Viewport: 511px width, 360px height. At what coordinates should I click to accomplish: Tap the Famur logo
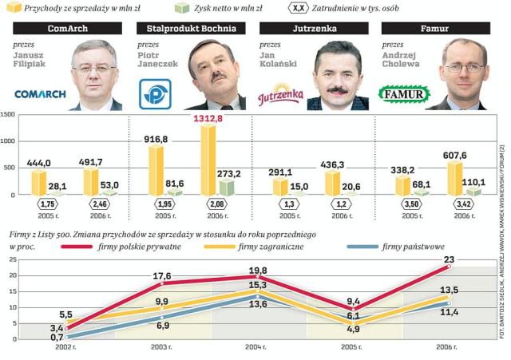[403, 90]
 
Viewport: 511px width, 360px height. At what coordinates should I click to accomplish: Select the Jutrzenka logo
[280, 96]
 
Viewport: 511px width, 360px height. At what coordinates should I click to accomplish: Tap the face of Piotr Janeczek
[212, 74]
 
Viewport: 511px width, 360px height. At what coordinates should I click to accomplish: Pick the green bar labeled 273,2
[227, 188]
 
